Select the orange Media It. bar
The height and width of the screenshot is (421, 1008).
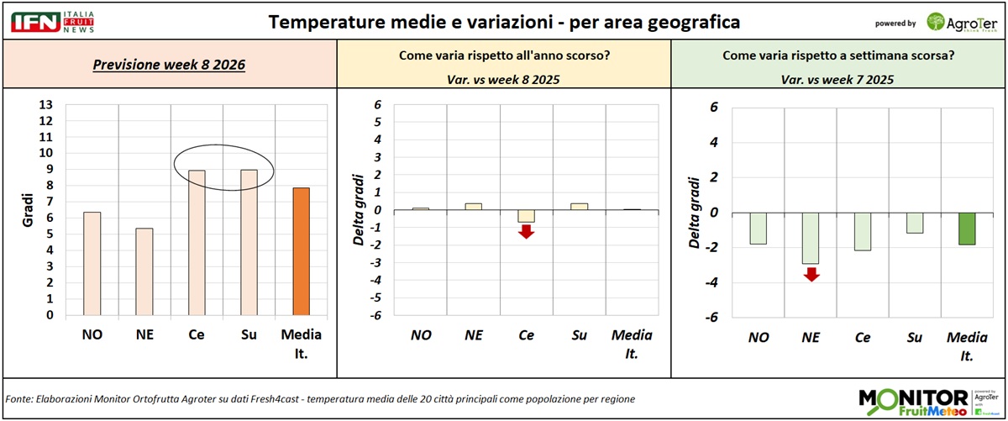click(301, 252)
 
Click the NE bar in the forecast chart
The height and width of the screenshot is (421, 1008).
click(144, 272)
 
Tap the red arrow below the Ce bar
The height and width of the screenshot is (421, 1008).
click(527, 231)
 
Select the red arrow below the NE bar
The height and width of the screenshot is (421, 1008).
click(811, 273)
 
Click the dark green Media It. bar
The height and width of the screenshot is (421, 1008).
click(959, 229)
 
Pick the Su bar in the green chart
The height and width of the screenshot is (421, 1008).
click(914, 223)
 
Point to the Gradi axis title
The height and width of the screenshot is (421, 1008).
click(26, 211)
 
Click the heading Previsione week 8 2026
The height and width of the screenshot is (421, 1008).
click(169, 64)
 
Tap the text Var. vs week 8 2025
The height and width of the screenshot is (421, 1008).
click(504, 81)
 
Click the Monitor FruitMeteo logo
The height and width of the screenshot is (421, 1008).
click(924, 401)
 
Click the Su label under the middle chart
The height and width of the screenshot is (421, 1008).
click(579, 336)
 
